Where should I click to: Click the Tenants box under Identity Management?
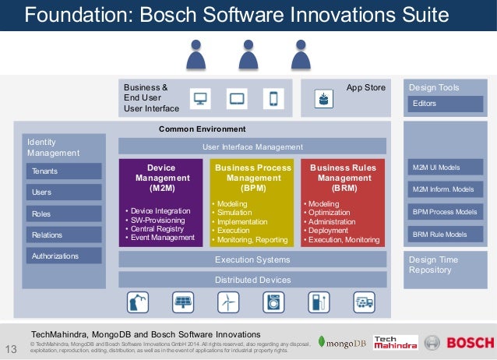point(64,171)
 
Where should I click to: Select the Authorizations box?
point(64,256)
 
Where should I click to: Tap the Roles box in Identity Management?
point(64,214)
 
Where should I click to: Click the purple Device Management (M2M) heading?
point(161,178)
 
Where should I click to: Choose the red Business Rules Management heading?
point(343,178)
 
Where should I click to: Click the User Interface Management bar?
point(252,146)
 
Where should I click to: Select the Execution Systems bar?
point(252,259)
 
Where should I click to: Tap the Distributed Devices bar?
point(252,280)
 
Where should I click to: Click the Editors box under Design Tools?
point(445,104)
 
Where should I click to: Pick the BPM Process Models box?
point(445,212)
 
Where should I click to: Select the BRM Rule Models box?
point(445,234)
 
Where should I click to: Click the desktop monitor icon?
point(201,99)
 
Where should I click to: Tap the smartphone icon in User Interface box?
point(273,99)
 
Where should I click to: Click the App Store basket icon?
point(322,99)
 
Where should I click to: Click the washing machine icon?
point(273,301)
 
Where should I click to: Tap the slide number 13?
point(11,348)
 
